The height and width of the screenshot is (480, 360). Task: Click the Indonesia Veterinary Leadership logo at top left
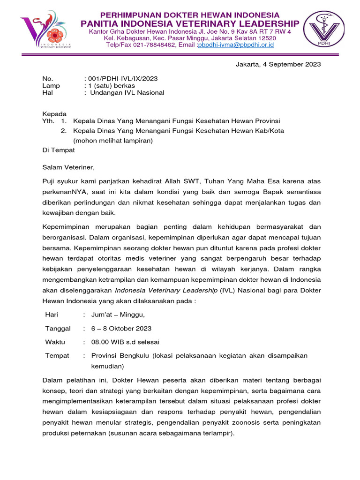[x=45, y=32]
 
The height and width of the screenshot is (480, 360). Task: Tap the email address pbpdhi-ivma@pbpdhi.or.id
[x=236, y=45]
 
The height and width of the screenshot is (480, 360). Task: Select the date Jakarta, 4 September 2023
[x=278, y=65]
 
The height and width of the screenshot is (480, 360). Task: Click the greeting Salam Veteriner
[x=68, y=167]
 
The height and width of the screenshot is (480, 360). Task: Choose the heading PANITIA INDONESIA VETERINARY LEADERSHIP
[x=190, y=23]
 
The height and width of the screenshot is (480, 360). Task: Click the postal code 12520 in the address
[x=266, y=38]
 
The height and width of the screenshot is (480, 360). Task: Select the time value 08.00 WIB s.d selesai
[x=125, y=342]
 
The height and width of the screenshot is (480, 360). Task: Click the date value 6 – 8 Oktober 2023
[x=121, y=328]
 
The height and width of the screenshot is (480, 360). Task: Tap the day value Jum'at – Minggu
[x=118, y=314]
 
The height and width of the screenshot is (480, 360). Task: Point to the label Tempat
[x=57, y=356]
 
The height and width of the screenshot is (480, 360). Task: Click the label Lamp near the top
[x=51, y=85]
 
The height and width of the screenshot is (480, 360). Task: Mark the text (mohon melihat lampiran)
[x=113, y=140]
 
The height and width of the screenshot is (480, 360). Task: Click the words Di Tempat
[x=59, y=150]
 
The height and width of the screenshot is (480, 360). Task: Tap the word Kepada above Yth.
[x=54, y=114]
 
